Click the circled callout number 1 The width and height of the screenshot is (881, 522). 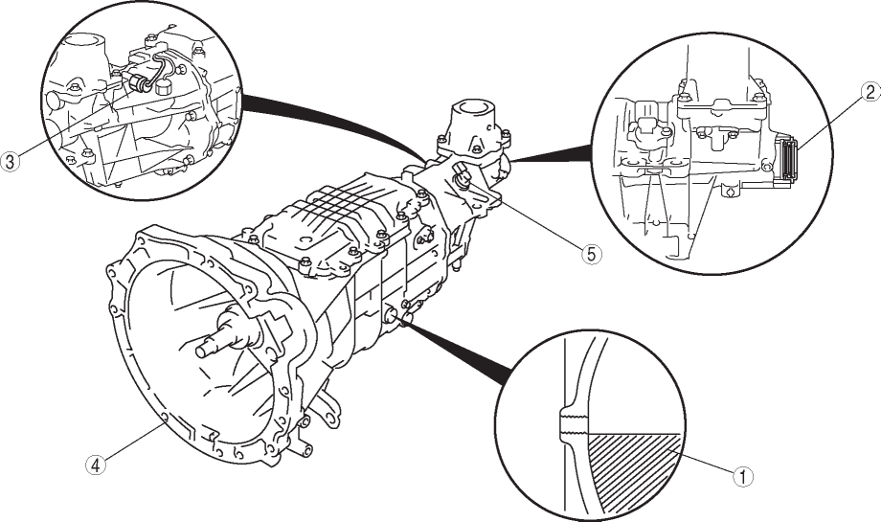[x=743, y=476]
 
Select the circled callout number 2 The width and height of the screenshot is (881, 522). [x=870, y=93]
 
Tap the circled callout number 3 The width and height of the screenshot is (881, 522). [x=11, y=161]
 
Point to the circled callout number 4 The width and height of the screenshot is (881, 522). [x=96, y=465]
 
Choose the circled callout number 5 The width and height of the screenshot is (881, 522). [x=590, y=254]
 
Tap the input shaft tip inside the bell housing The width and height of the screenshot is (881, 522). [x=202, y=350]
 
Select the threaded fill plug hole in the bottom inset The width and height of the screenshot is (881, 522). [x=573, y=425]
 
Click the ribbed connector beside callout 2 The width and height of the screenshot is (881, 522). [x=788, y=159]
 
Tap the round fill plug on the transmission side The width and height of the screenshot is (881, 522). [x=392, y=315]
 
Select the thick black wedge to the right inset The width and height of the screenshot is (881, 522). [x=552, y=153]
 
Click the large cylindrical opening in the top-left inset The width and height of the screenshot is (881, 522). [x=82, y=43]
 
